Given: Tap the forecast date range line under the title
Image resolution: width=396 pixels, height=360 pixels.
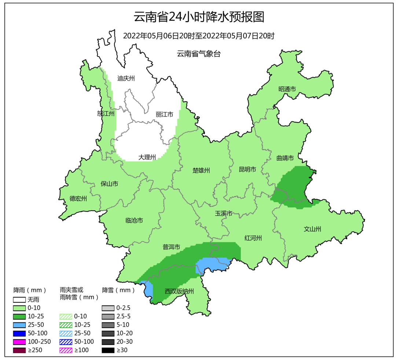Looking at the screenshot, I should pyautogui.click(x=198, y=36).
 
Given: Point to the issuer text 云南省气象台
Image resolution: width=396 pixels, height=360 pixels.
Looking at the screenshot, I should pyautogui.click(x=199, y=54).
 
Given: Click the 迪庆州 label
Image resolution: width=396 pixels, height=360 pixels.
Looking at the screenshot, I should pyautogui.click(x=126, y=78).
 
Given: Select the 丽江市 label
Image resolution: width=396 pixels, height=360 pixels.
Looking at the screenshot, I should pyautogui.click(x=164, y=114).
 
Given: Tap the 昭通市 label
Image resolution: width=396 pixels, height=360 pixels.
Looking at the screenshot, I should pyautogui.click(x=287, y=89).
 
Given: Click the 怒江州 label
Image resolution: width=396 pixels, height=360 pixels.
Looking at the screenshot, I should pyautogui.click(x=106, y=113).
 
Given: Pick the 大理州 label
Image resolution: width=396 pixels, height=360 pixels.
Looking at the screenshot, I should pyautogui.click(x=147, y=157).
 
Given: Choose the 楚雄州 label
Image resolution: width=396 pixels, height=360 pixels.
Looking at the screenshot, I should pyautogui.click(x=201, y=170).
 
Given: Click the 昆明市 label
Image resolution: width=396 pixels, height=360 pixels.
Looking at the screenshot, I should pyautogui.click(x=247, y=169).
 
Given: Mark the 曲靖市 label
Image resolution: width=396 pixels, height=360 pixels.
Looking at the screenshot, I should pyautogui.click(x=285, y=158).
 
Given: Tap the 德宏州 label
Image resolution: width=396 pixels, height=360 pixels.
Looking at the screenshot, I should pyautogui.click(x=78, y=199).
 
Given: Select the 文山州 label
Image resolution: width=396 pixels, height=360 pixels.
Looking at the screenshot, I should pyautogui.click(x=312, y=229).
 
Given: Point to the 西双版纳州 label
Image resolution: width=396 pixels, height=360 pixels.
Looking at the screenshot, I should pyautogui.click(x=179, y=291).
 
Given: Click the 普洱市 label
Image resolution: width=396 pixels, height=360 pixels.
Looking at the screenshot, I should pyautogui.click(x=171, y=247).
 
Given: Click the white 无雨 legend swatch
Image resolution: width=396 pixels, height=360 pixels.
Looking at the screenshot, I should pyautogui.click(x=19, y=300).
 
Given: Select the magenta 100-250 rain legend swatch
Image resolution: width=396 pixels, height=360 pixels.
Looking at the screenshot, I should pyautogui.click(x=19, y=342).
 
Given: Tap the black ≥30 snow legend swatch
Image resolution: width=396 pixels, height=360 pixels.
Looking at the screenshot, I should pyautogui.click(x=108, y=350).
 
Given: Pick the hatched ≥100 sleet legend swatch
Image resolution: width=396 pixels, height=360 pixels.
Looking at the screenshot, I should pyautogui.click(x=66, y=350).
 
